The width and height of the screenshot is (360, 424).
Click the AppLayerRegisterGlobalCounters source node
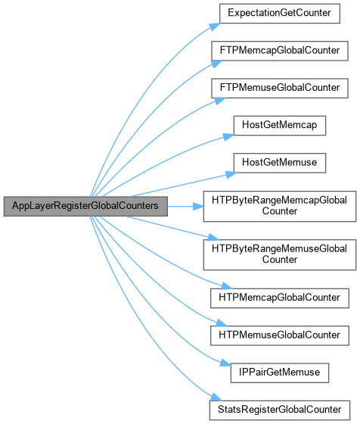coord(85,206)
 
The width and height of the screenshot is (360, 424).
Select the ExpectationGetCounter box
coord(280,14)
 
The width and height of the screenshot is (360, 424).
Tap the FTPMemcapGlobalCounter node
coord(280,51)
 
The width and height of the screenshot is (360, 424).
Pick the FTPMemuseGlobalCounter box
coord(280,88)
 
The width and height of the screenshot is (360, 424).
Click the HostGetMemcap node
coord(280,126)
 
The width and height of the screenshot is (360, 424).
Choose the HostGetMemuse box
coord(280,163)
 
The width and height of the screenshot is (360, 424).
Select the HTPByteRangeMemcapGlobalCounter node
coord(280,206)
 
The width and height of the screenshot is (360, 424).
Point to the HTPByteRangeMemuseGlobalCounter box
coord(280,254)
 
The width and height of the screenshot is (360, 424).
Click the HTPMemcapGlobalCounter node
coord(280,298)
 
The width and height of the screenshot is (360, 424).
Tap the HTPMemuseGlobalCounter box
coord(280,335)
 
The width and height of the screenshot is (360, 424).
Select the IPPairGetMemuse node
coord(280,373)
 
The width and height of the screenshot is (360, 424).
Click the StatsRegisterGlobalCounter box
coord(280,410)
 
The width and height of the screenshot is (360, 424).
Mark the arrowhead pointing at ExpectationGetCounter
coord(215,26)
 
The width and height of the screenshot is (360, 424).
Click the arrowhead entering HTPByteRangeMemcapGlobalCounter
coord(198,207)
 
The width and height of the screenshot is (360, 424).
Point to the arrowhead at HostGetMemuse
coord(231,174)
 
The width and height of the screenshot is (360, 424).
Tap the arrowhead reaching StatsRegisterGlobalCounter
coord(216,397)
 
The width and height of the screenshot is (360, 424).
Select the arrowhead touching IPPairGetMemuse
coord(225,363)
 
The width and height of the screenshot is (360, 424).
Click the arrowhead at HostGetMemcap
coord(228,137)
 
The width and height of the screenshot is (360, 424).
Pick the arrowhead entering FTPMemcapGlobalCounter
coord(216,64)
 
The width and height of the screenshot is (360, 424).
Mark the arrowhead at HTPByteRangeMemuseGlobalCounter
coord(213,238)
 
